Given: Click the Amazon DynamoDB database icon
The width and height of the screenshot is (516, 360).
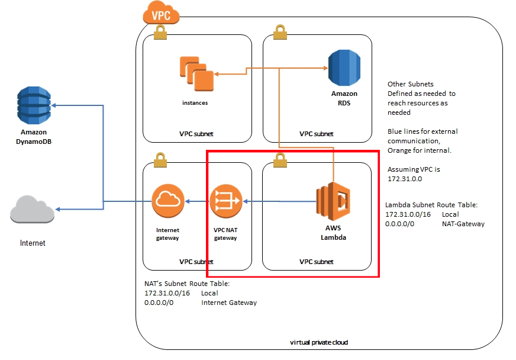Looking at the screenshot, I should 34,105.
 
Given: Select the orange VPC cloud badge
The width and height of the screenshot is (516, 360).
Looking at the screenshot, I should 161,14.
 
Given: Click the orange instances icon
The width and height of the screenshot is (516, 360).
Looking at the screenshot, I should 196,74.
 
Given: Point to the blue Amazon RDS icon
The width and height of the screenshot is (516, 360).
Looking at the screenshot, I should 344,69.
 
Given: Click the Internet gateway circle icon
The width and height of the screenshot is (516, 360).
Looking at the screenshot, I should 168,201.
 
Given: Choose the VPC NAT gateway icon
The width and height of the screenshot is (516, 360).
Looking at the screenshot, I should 226,201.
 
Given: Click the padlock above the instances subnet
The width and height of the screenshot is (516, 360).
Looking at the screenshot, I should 160,33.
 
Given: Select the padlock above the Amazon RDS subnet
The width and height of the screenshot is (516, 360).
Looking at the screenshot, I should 279,33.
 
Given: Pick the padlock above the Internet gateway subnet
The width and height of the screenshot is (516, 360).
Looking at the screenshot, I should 160,159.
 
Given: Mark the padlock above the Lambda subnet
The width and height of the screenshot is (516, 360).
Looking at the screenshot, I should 279,159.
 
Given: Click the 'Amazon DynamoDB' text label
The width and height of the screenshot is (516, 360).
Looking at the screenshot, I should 34,137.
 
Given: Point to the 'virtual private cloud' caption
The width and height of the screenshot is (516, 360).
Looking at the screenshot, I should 320,342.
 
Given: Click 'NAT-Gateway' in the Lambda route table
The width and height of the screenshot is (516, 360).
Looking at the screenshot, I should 463,224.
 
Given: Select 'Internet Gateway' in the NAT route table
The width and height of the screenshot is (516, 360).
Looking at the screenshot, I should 229,303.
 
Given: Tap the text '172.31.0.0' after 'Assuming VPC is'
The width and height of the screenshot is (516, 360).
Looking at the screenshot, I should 405,178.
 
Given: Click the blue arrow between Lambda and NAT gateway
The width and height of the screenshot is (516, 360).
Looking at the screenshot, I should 278,201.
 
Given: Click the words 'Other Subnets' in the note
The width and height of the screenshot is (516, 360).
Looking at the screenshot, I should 410,84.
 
